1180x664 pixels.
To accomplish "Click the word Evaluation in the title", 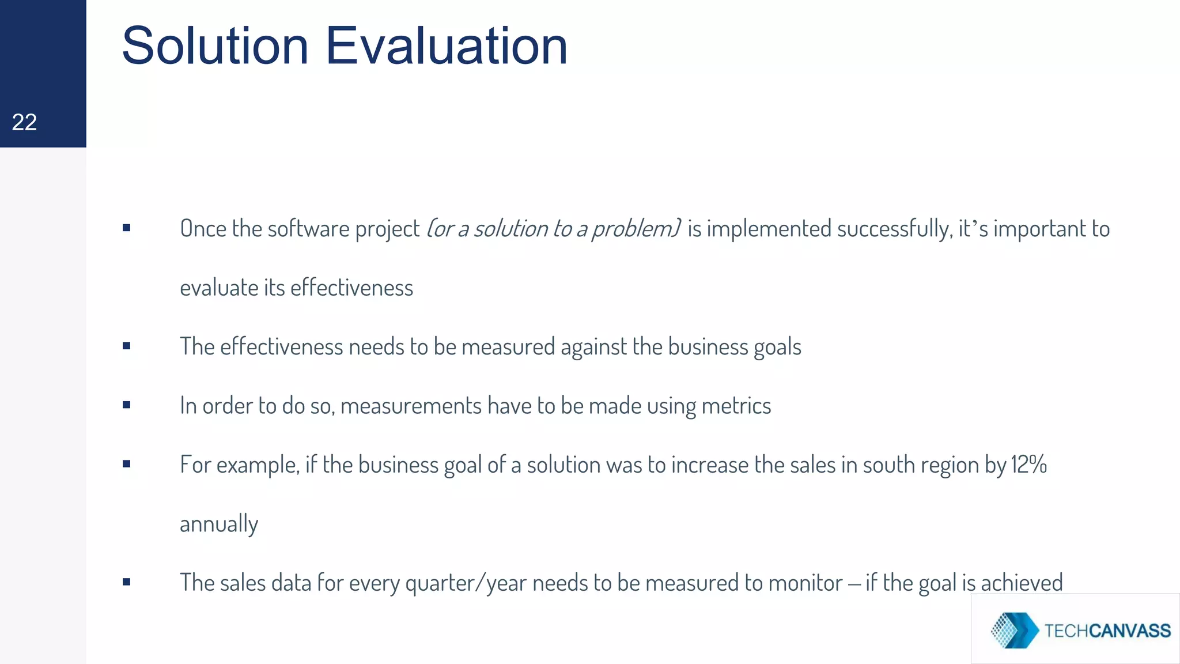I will [447, 46].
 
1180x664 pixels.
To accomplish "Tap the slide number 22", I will [24, 122].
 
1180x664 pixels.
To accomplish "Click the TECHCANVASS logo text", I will [1107, 631].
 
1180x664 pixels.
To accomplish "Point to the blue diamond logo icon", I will [1014, 630].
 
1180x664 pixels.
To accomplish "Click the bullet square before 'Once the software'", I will [127, 228].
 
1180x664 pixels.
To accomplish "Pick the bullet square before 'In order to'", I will [127, 405].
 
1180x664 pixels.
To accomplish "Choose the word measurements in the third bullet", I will [411, 406].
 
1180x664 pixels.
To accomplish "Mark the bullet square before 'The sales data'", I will [127, 582].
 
